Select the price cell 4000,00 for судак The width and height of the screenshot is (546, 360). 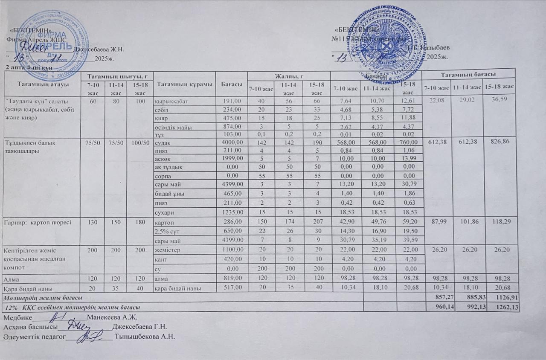(232, 142)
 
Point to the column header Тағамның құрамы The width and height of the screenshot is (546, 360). (185, 84)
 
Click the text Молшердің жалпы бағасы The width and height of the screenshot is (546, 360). (43, 296)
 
